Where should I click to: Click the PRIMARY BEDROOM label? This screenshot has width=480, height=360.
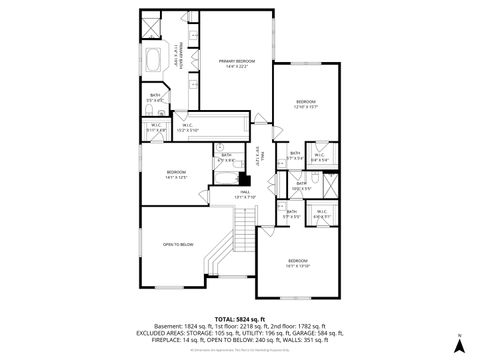click(x=237, y=64)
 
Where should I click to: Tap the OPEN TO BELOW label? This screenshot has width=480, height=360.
click(x=178, y=244)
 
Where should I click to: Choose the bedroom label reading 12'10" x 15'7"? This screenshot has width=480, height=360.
click(x=306, y=104)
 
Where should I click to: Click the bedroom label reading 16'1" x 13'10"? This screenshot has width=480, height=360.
click(x=298, y=264)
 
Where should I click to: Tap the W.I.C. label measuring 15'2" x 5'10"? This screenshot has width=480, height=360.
click(x=187, y=128)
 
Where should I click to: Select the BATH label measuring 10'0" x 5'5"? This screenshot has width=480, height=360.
click(x=301, y=185)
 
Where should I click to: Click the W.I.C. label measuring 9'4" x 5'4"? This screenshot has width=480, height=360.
click(x=318, y=157)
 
